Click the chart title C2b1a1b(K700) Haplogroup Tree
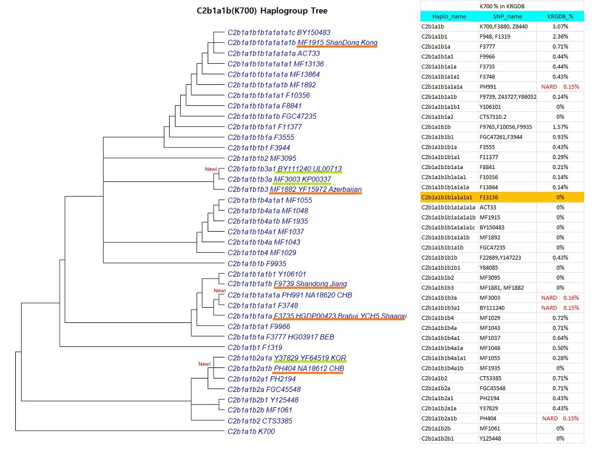pos(261,11)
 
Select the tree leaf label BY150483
pos(314,33)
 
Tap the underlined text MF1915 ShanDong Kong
pos(338,43)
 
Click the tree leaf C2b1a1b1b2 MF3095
pos(261,158)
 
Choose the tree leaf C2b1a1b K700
pos(251,431)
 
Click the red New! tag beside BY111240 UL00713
pos(211,169)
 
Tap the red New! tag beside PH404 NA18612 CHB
pos(204,364)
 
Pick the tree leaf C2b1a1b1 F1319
pos(255,348)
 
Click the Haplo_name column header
pos(449,16)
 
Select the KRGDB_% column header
pos(560,16)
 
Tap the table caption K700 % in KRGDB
pos(502,6)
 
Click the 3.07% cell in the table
pos(560,26)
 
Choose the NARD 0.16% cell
pos(560,298)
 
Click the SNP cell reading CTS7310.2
pos(493,117)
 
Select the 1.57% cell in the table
pos(560,127)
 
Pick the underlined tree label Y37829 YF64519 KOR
pos(310,358)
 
